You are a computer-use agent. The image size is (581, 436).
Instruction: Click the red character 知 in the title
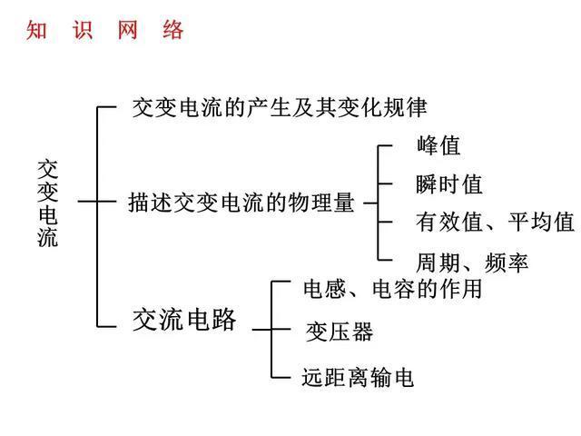pyautogui.click(x=36, y=30)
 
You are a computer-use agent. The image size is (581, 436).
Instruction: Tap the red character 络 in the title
pyautogui.click(x=173, y=30)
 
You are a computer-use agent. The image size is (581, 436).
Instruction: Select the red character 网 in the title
pyautogui.click(x=127, y=30)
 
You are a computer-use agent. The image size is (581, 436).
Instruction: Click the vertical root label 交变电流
pyautogui.click(x=48, y=203)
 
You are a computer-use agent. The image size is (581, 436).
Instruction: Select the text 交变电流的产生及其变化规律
pyautogui.click(x=280, y=108)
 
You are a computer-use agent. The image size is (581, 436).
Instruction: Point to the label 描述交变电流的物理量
pyautogui.click(x=241, y=203)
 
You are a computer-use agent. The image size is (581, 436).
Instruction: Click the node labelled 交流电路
pyautogui.click(x=184, y=319)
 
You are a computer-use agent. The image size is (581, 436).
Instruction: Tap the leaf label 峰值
pyautogui.click(x=438, y=145)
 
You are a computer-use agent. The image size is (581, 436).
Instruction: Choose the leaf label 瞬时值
pyautogui.click(x=449, y=184)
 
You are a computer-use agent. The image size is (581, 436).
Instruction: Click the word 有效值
pyautogui.click(x=449, y=222)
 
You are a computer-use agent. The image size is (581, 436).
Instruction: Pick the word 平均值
pyautogui.click(x=541, y=222)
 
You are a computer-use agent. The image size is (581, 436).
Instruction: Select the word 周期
pyautogui.click(x=438, y=263)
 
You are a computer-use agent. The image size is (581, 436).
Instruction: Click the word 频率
pyautogui.click(x=507, y=263)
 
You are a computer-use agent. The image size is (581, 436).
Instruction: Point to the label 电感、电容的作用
pyautogui.click(x=393, y=289)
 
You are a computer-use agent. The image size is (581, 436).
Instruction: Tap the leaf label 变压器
pyautogui.click(x=340, y=331)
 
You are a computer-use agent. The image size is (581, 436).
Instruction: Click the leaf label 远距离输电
pyautogui.click(x=358, y=378)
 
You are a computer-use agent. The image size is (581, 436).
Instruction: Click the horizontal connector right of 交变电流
pyautogui.click(x=88, y=202)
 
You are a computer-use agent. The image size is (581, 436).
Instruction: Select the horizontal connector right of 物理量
pyautogui.click(x=370, y=203)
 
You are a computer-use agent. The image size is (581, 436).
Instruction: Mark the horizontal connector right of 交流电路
pyautogui.click(x=261, y=329)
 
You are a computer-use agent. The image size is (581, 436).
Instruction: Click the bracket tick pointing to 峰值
pyautogui.click(x=385, y=146)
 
